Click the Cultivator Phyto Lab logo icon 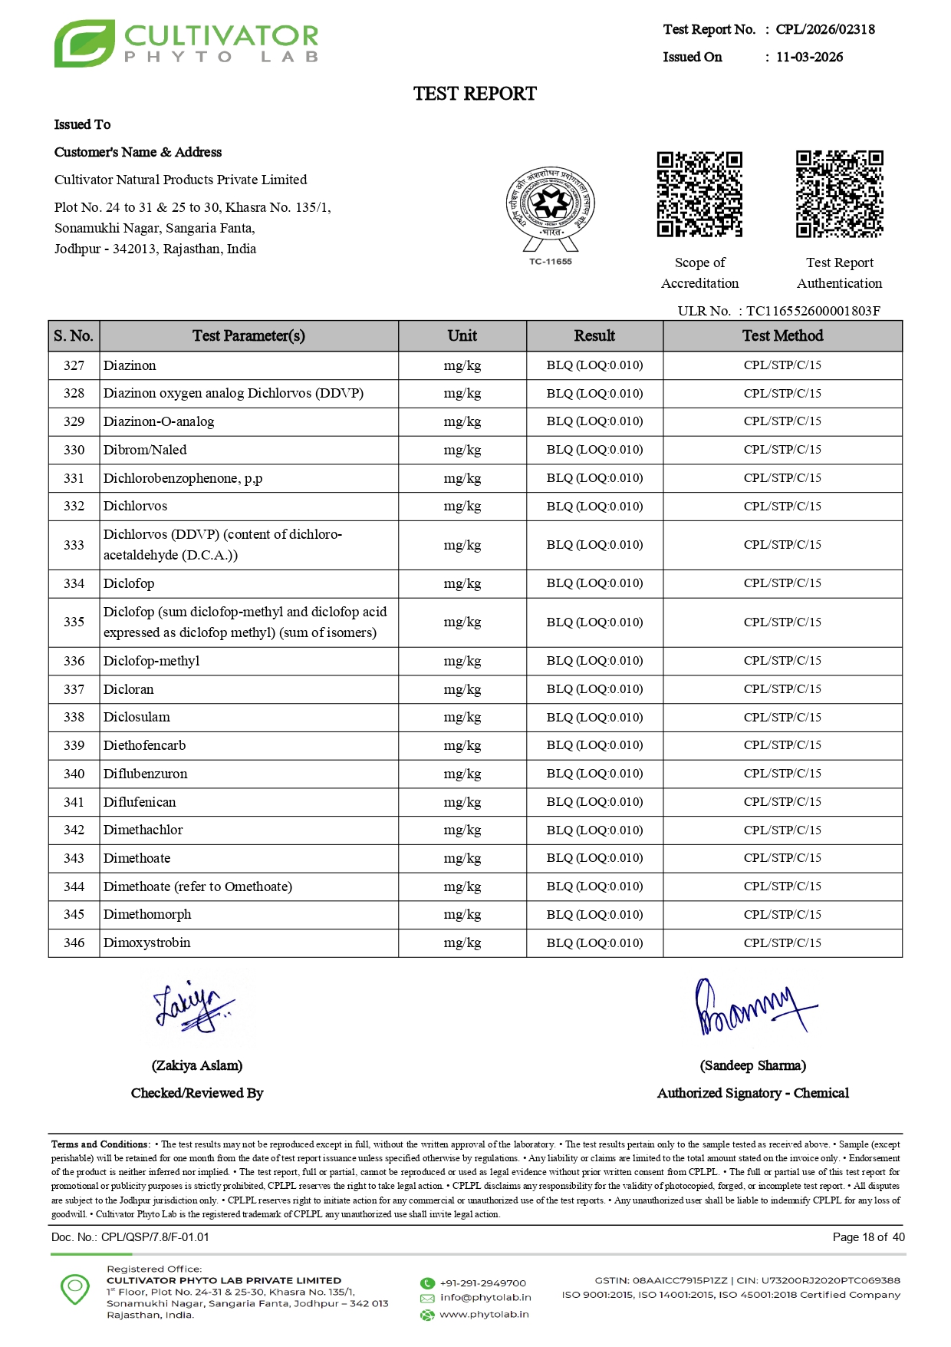(84, 44)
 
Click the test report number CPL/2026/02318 (824, 29)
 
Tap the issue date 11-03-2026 (809, 57)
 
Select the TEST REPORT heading (475, 94)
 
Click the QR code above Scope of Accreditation (699, 194)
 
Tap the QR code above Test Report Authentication (839, 194)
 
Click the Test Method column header (782, 335)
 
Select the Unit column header (462, 335)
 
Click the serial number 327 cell (74, 365)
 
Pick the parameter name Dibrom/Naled (145, 450)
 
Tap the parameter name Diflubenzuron (145, 774)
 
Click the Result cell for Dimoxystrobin (594, 943)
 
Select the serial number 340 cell (74, 774)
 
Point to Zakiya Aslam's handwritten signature (193, 1007)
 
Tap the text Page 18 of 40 (868, 1237)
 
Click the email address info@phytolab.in (485, 1297)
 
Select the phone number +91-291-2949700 (482, 1283)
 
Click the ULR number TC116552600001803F (813, 311)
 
